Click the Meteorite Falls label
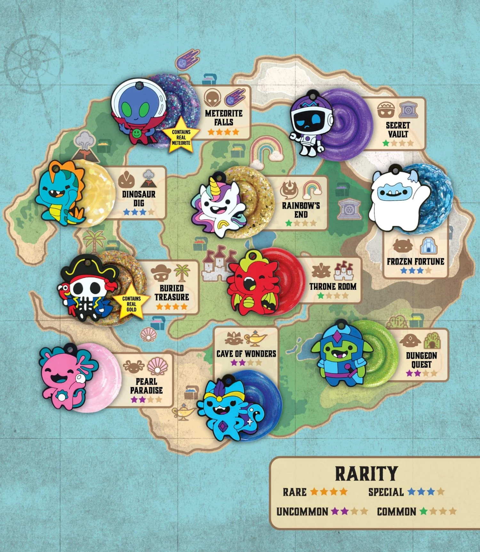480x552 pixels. (x=224, y=118)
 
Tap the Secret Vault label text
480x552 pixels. (x=397, y=130)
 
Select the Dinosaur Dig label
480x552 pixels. (x=139, y=198)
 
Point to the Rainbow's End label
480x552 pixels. (x=301, y=210)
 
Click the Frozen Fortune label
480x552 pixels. (x=415, y=262)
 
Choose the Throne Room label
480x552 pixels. (x=333, y=286)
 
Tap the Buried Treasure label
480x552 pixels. (x=172, y=292)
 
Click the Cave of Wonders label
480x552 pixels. (x=246, y=354)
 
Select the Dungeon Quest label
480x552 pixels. (x=421, y=360)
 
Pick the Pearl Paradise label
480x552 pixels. (x=146, y=386)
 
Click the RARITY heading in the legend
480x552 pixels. (x=366, y=474)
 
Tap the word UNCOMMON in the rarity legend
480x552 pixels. (x=302, y=512)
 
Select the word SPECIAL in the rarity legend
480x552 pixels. (x=386, y=492)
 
